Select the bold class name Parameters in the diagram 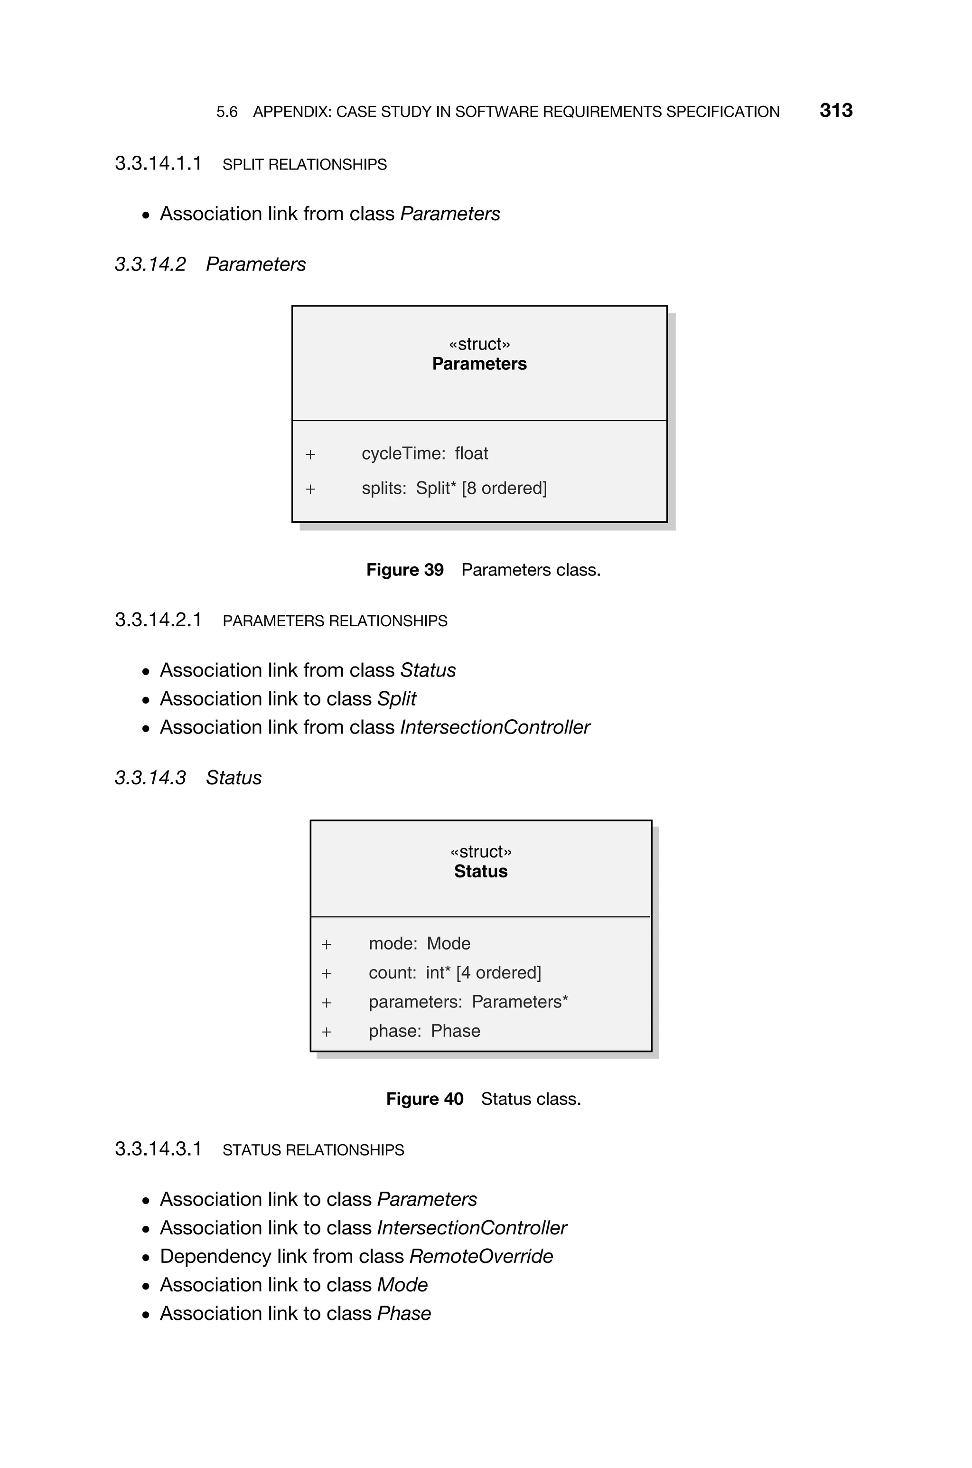[x=479, y=364]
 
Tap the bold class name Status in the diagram [x=480, y=871]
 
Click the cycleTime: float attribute [x=425, y=454]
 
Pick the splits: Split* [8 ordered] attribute [x=454, y=489]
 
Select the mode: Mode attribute [x=419, y=943]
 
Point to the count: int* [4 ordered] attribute [x=454, y=973]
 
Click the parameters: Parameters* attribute [x=468, y=1002]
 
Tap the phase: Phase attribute [x=424, y=1031]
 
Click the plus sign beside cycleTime [x=310, y=455]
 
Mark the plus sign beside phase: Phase [x=327, y=1032]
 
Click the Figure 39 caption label [x=405, y=570]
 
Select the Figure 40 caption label [x=425, y=1099]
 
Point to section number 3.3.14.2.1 [x=158, y=620]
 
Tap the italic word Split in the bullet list [x=397, y=699]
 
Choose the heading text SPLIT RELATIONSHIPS [x=304, y=164]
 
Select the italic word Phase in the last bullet [x=403, y=1314]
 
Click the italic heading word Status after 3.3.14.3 [x=234, y=778]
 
